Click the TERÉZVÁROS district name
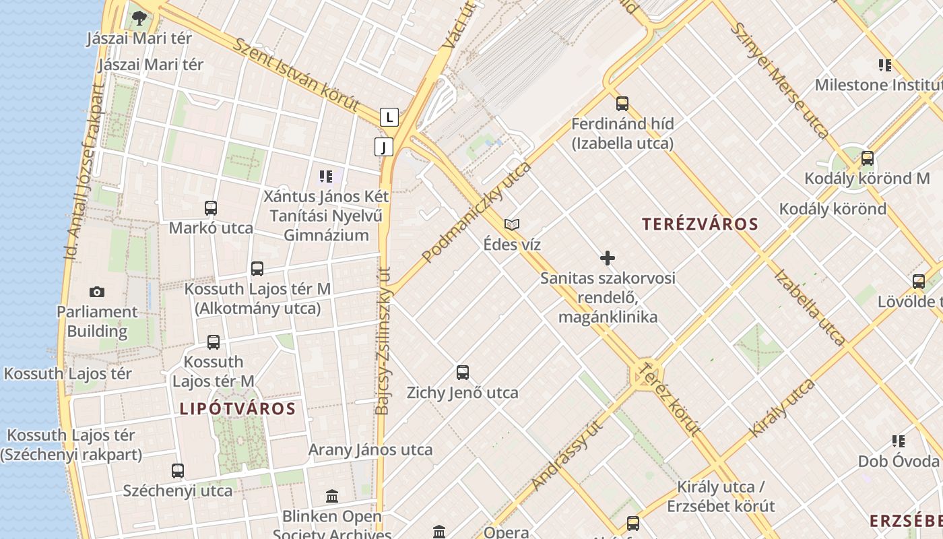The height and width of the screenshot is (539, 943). click(700, 224)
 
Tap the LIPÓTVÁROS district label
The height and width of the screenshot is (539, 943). click(237, 409)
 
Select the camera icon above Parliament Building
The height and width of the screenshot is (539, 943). click(97, 292)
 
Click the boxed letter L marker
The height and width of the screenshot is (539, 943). click(389, 117)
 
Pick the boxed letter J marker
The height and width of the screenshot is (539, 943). click(383, 147)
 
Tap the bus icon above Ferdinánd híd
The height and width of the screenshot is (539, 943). click(622, 104)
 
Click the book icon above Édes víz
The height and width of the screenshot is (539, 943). click(512, 224)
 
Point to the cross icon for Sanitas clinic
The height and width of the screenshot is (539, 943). click(607, 258)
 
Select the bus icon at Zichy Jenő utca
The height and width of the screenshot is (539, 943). click(462, 372)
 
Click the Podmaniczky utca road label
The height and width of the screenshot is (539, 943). click(477, 212)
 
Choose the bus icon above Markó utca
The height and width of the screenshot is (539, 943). click(211, 208)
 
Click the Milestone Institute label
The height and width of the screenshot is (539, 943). click(878, 85)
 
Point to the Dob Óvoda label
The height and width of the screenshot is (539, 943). click(898, 461)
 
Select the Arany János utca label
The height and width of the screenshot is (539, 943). click(370, 449)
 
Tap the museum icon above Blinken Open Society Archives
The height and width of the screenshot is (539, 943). click(331, 497)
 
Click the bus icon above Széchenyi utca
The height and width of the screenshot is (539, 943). click(178, 470)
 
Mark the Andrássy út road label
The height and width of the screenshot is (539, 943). click(566, 454)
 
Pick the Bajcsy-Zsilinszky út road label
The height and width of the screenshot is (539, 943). click(383, 340)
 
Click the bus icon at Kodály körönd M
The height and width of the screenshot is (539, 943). click(868, 158)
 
